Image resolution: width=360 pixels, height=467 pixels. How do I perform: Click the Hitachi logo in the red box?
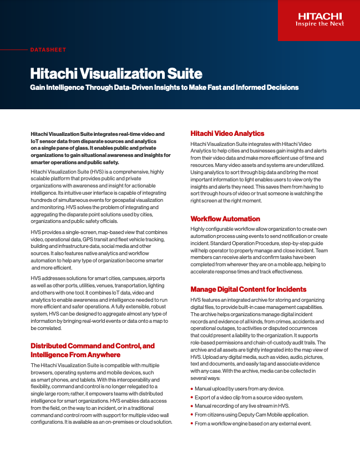tap(320, 16)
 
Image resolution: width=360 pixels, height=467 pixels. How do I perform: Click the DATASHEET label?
tap(48, 50)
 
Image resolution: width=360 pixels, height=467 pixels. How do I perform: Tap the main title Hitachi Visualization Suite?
tap(116, 74)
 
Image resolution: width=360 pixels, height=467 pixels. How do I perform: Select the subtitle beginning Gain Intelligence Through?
tap(164, 88)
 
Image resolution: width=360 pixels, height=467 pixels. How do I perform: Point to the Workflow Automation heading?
tap(225, 219)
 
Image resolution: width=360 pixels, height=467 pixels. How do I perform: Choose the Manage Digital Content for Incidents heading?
tap(248, 289)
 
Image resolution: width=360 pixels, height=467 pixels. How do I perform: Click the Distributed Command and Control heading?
tap(93, 346)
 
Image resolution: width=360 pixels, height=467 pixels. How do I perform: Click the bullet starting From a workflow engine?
tap(253, 424)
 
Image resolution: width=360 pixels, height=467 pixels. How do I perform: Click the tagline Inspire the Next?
tap(320, 24)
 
